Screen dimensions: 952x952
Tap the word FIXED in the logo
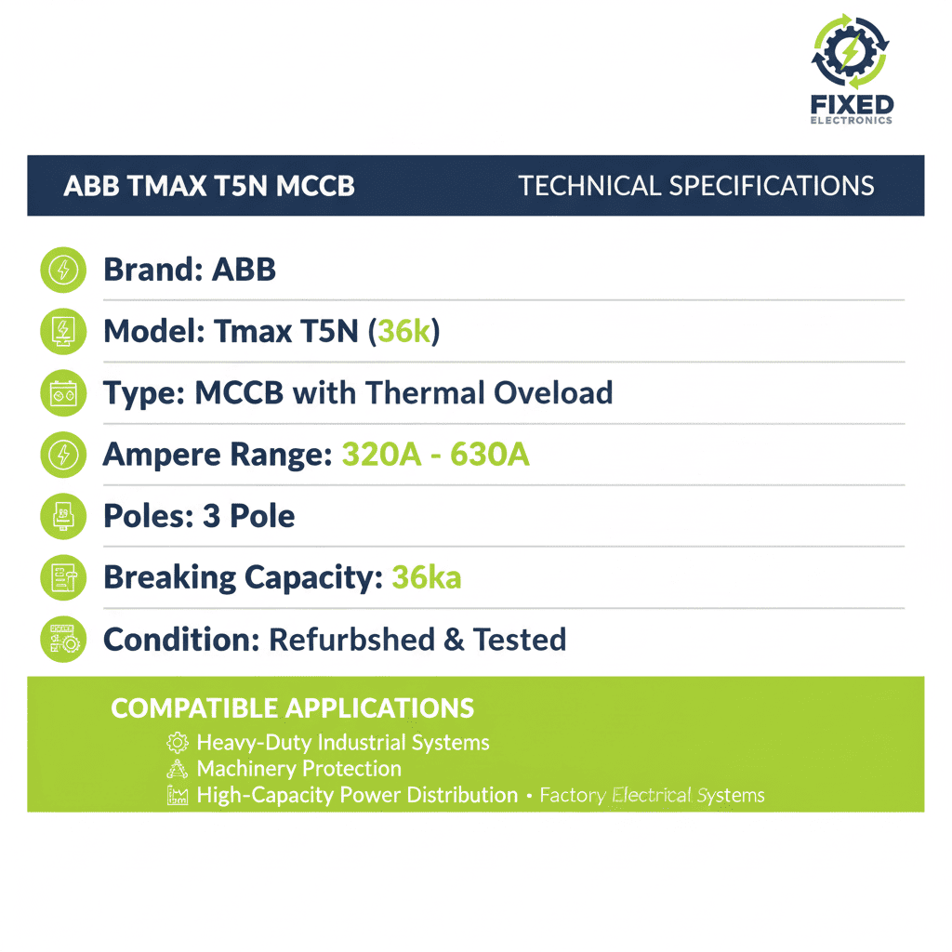(852, 104)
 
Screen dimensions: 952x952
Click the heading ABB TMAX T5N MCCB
(208, 186)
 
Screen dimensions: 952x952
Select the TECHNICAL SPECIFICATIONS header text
(695, 186)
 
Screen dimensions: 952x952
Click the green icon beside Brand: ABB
(63, 271)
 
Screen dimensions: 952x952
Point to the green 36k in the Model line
(403, 331)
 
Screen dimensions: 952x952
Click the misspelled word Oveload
(552, 393)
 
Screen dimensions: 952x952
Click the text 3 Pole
(248, 516)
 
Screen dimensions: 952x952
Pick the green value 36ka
(426, 577)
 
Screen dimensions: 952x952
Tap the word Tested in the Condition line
(519, 640)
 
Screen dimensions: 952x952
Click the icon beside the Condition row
(63, 640)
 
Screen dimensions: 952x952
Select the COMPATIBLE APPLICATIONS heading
(292, 708)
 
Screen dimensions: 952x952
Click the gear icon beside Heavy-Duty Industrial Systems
(177, 743)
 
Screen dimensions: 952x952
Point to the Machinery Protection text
(298, 769)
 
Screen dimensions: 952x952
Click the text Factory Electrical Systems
(652, 796)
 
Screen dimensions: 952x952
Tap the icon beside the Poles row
(63, 516)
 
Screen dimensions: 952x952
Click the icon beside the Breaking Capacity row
(63, 577)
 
